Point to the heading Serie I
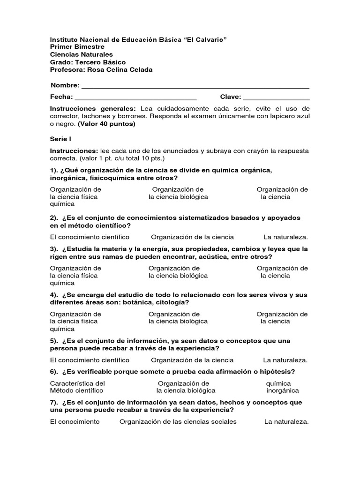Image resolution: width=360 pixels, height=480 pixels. pos(60,139)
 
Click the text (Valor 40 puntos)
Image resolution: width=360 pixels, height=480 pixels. pos(106,124)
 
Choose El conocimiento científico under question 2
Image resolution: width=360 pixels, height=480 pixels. pos(90,237)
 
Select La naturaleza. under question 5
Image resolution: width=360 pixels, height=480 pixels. pos(285,360)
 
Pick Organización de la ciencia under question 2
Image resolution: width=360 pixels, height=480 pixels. pos(192,237)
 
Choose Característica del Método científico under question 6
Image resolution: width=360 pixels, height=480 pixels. pos(76,387)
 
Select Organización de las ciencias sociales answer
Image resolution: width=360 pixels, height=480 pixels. pos(178,421)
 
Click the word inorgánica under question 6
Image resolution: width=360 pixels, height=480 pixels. pos(283,390)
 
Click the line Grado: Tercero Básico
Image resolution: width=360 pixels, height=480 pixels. pos(88,62)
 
